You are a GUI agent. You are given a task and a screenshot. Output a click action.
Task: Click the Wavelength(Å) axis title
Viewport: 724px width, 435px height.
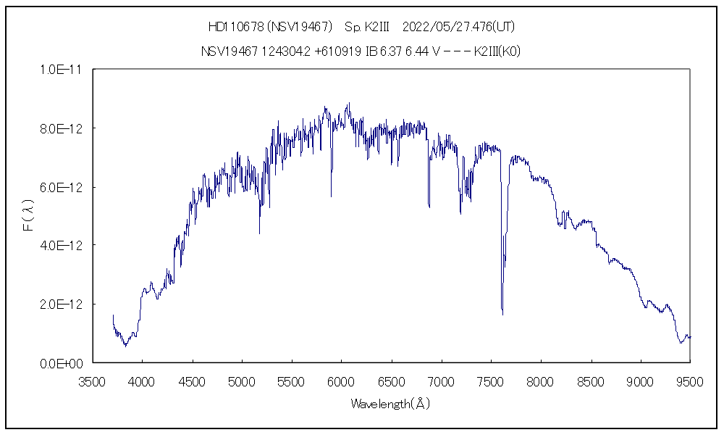pyautogui.click(x=391, y=404)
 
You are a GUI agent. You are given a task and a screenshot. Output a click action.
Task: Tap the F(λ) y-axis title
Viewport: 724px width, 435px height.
pyautogui.click(x=28, y=217)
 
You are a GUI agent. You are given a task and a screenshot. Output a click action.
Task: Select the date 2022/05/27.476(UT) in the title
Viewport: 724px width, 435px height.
pyautogui.click(x=458, y=27)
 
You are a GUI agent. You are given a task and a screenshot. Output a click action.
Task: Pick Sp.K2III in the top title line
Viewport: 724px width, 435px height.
pyautogui.click(x=367, y=27)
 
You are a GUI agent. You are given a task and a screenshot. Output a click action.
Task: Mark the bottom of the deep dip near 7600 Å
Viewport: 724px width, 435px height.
pyautogui.click(x=502, y=315)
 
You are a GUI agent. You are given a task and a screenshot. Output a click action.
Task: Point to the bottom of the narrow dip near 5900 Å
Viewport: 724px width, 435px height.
pyautogui.click(x=332, y=196)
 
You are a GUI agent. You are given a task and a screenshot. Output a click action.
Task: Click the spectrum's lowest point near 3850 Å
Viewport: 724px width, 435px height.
pyautogui.click(x=125, y=347)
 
